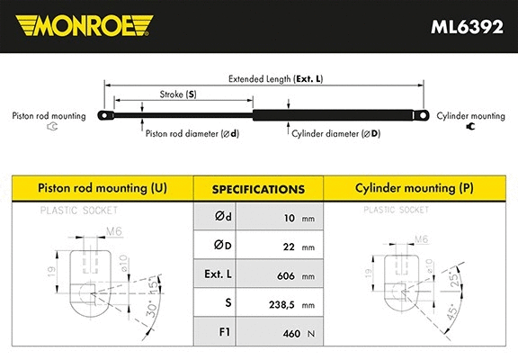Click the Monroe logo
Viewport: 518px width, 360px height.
click(80, 26)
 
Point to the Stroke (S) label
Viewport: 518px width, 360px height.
click(177, 94)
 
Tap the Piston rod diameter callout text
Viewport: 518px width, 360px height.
click(192, 133)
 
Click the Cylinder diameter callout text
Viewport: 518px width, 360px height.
click(335, 133)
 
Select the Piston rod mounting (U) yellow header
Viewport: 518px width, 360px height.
click(101, 189)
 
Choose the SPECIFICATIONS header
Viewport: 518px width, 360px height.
click(258, 190)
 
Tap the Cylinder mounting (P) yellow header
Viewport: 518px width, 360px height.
click(415, 189)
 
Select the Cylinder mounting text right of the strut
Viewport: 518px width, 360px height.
click(469, 117)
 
